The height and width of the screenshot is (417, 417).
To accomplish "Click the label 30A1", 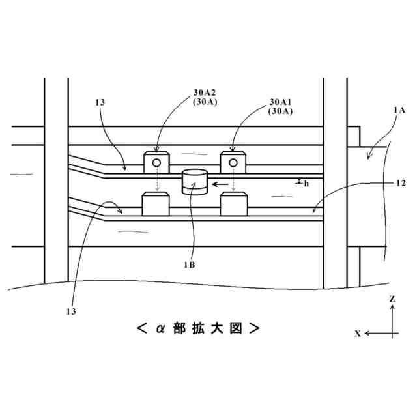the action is coord(281,102).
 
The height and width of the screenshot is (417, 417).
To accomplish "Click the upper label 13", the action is coord(100,102).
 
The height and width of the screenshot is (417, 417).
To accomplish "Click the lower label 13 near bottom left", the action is coord(70,311).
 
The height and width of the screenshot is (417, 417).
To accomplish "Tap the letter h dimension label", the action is coord(306,184).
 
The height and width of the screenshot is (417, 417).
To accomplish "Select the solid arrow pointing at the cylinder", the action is coord(220,184).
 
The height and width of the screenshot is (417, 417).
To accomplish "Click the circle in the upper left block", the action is coord(156,162).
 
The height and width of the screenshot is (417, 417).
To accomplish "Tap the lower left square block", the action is coord(156,204).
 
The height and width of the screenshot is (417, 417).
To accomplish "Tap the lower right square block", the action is coord(233,204).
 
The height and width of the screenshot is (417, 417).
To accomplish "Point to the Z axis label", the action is coord(392,298).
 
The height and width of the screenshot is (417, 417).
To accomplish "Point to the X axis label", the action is coord(358,333).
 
